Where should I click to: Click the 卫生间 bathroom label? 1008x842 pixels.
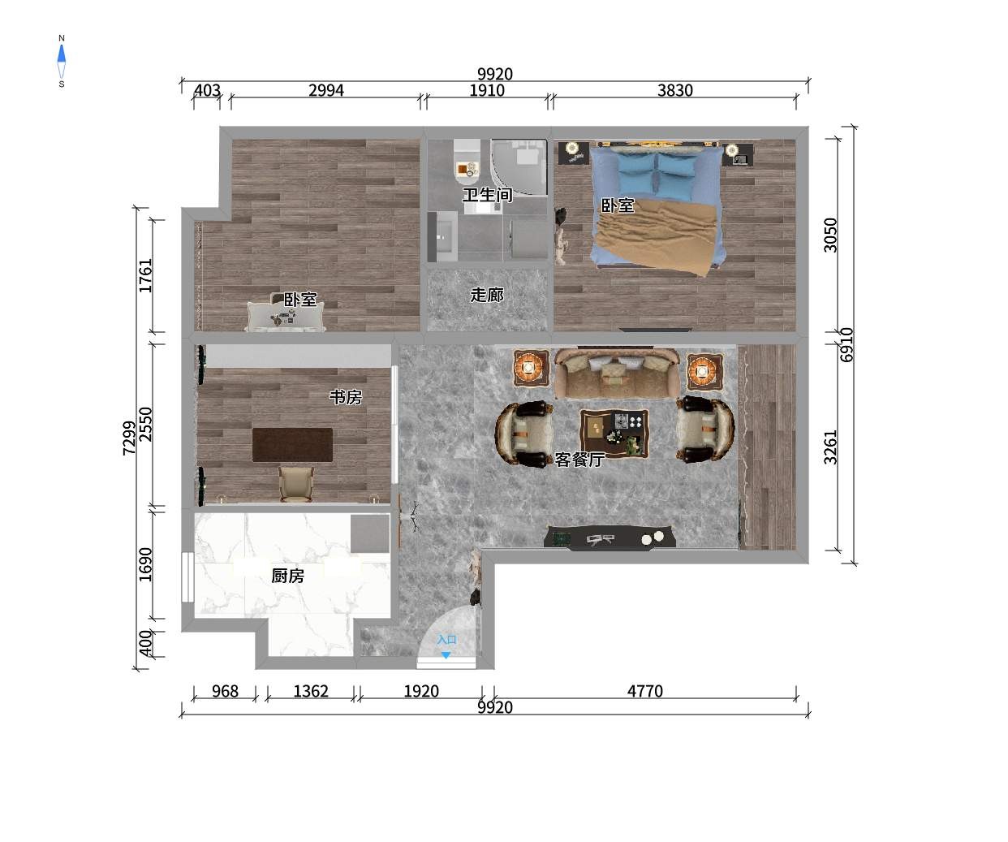[487, 195]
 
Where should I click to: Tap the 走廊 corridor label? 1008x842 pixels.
[487, 295]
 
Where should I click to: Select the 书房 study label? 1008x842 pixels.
[346, 397]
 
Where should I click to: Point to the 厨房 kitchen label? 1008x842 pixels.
[288, 576]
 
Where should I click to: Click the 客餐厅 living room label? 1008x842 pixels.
[579, 460]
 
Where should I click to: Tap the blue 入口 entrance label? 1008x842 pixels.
[446, 640]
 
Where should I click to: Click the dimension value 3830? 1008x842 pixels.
[675, 90]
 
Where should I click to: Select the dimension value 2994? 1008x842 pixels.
[326, 90]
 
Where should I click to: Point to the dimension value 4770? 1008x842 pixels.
[645, 691]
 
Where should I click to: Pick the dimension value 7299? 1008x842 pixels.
[129, 438]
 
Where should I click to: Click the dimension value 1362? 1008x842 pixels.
[311, 691]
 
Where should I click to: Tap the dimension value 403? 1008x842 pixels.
[207, 90]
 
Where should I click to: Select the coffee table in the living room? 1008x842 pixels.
[614, 434]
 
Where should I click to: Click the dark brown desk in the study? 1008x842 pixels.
[292, 444]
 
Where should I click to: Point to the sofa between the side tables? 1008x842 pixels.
[617, 373]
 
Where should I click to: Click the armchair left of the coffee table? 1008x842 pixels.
[524, 434]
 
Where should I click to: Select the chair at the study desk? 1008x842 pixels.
[296, 484]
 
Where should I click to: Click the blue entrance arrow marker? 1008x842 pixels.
[446, 655]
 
